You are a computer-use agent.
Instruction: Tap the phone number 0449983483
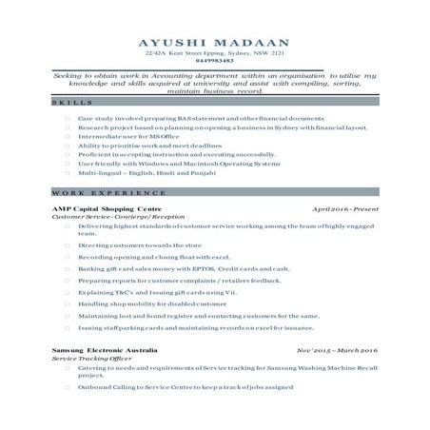click(x=214, y=61)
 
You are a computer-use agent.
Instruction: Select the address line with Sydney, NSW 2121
click(x=214, y=54)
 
